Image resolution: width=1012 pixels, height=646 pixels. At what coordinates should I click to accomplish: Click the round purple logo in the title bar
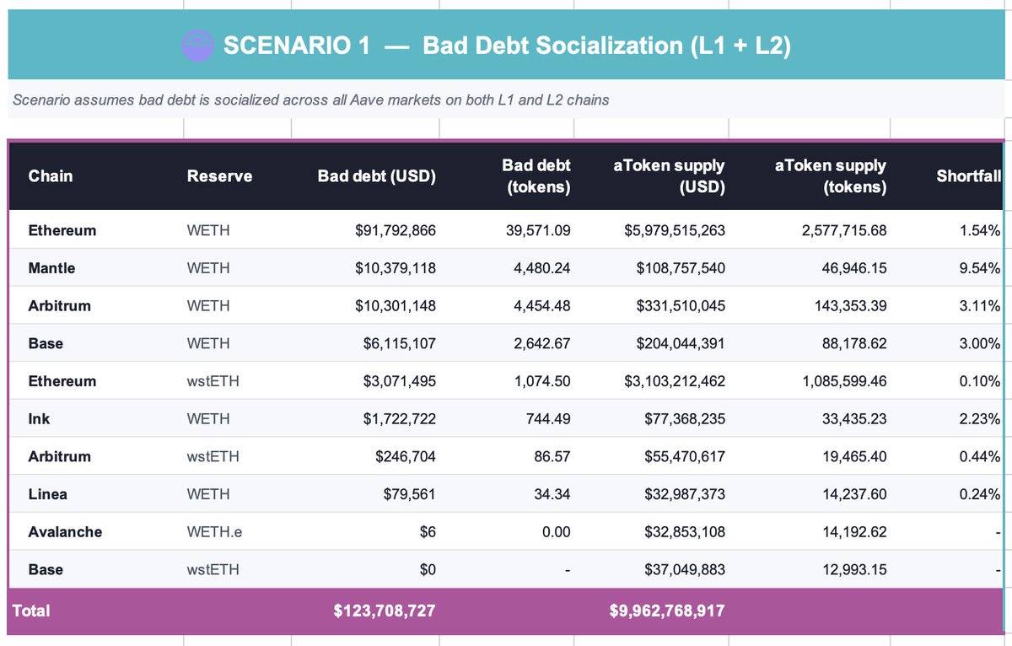[x=198, y=45]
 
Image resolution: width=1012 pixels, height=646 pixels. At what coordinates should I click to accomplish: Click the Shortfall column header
[x=968, y=176]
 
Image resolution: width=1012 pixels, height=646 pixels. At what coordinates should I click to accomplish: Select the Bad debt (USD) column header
[x=376, y=176]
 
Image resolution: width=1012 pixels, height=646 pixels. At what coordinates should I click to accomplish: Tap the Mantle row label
[x=51, y=268]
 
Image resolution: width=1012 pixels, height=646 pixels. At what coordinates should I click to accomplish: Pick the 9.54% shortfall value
[x=979, y=268]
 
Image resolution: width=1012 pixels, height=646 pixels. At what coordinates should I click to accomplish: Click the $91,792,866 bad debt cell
[x=395, y=230]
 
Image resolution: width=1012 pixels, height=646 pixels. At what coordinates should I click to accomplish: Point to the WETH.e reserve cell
[x=214, y=532]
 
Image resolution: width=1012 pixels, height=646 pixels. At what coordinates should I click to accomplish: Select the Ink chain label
[x=39, y=419]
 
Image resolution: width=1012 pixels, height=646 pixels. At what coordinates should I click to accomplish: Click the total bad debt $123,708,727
[x=385, y=610]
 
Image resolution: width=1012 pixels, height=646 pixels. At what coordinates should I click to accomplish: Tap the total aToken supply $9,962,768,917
[x=667, y=610]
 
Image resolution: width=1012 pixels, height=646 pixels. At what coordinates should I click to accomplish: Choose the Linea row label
[x=47, y=494]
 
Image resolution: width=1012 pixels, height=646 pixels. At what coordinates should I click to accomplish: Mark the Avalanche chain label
[x=65, y=532]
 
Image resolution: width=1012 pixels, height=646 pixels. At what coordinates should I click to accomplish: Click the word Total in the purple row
[x=31, y=611]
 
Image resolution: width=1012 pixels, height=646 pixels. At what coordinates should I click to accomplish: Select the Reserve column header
[x=219, y=176]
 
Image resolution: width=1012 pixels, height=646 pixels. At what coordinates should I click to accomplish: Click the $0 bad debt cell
[x=427, y=570]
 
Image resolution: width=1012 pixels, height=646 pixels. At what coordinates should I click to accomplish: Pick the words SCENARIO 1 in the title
[x=296, y=46]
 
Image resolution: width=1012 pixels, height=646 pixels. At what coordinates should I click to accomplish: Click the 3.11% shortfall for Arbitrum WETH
[x=979, y=306]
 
